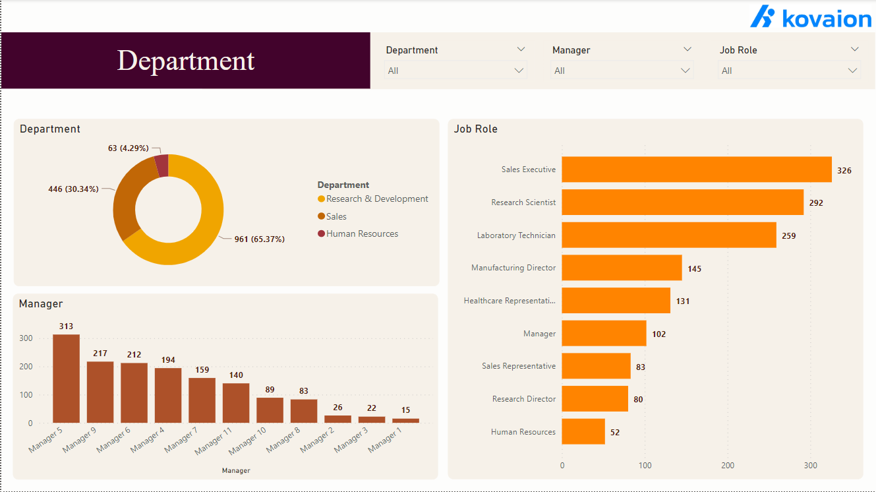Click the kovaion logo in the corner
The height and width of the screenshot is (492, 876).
(x=811, y=17)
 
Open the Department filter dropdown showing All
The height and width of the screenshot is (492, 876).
(x=455, y=71)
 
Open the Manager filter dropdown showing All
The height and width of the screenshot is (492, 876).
(x=622, y=71)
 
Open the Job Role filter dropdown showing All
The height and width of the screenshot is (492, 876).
(x=789, y=71)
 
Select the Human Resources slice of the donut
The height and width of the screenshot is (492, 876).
(x=162, y=166)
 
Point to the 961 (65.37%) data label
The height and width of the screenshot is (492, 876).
(x=260, y=239)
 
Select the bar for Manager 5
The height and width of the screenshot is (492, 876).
(x=66, y=379)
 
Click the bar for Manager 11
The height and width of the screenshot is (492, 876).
(x=236, y=403)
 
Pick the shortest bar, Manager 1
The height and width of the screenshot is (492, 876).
(x=405, y=420)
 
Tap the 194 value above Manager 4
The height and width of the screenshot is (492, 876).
(x=168, y=360)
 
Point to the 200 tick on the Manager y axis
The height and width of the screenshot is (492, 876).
(x=26, y=367)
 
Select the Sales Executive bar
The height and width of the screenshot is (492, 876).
(x=696, y=169)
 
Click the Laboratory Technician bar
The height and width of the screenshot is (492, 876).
(x=668, y=235)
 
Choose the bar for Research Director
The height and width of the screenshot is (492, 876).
(x=595, y=399)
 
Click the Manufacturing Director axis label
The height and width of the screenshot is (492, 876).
(x=513, y=268)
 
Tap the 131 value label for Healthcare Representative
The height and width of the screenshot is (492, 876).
(x=683, y=301)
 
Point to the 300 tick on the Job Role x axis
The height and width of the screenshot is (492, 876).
(x=811, y=466)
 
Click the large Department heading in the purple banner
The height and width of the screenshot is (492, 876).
(x=186, y=61)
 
